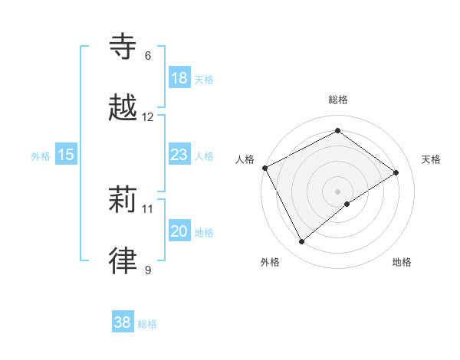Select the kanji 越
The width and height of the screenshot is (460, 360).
124,109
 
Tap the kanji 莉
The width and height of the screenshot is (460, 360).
124,201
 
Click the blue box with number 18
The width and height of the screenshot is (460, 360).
179,78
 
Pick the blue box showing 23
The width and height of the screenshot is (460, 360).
179,155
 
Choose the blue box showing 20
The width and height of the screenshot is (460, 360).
179,231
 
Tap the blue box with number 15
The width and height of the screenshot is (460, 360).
65,155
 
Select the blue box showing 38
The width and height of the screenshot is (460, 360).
123,322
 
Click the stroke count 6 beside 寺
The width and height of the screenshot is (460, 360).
148,56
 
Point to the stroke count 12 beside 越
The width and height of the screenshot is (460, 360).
148,117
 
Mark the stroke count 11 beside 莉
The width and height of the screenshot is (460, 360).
148,208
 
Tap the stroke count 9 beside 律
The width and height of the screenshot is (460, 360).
148,270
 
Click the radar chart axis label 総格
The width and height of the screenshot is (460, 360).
338,100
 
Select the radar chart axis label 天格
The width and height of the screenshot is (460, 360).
431,159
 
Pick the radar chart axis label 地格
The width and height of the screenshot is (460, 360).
402,262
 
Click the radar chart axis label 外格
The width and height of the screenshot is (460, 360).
270,262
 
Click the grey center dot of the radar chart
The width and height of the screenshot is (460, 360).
338,190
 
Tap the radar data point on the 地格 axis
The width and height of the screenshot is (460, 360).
347,204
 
